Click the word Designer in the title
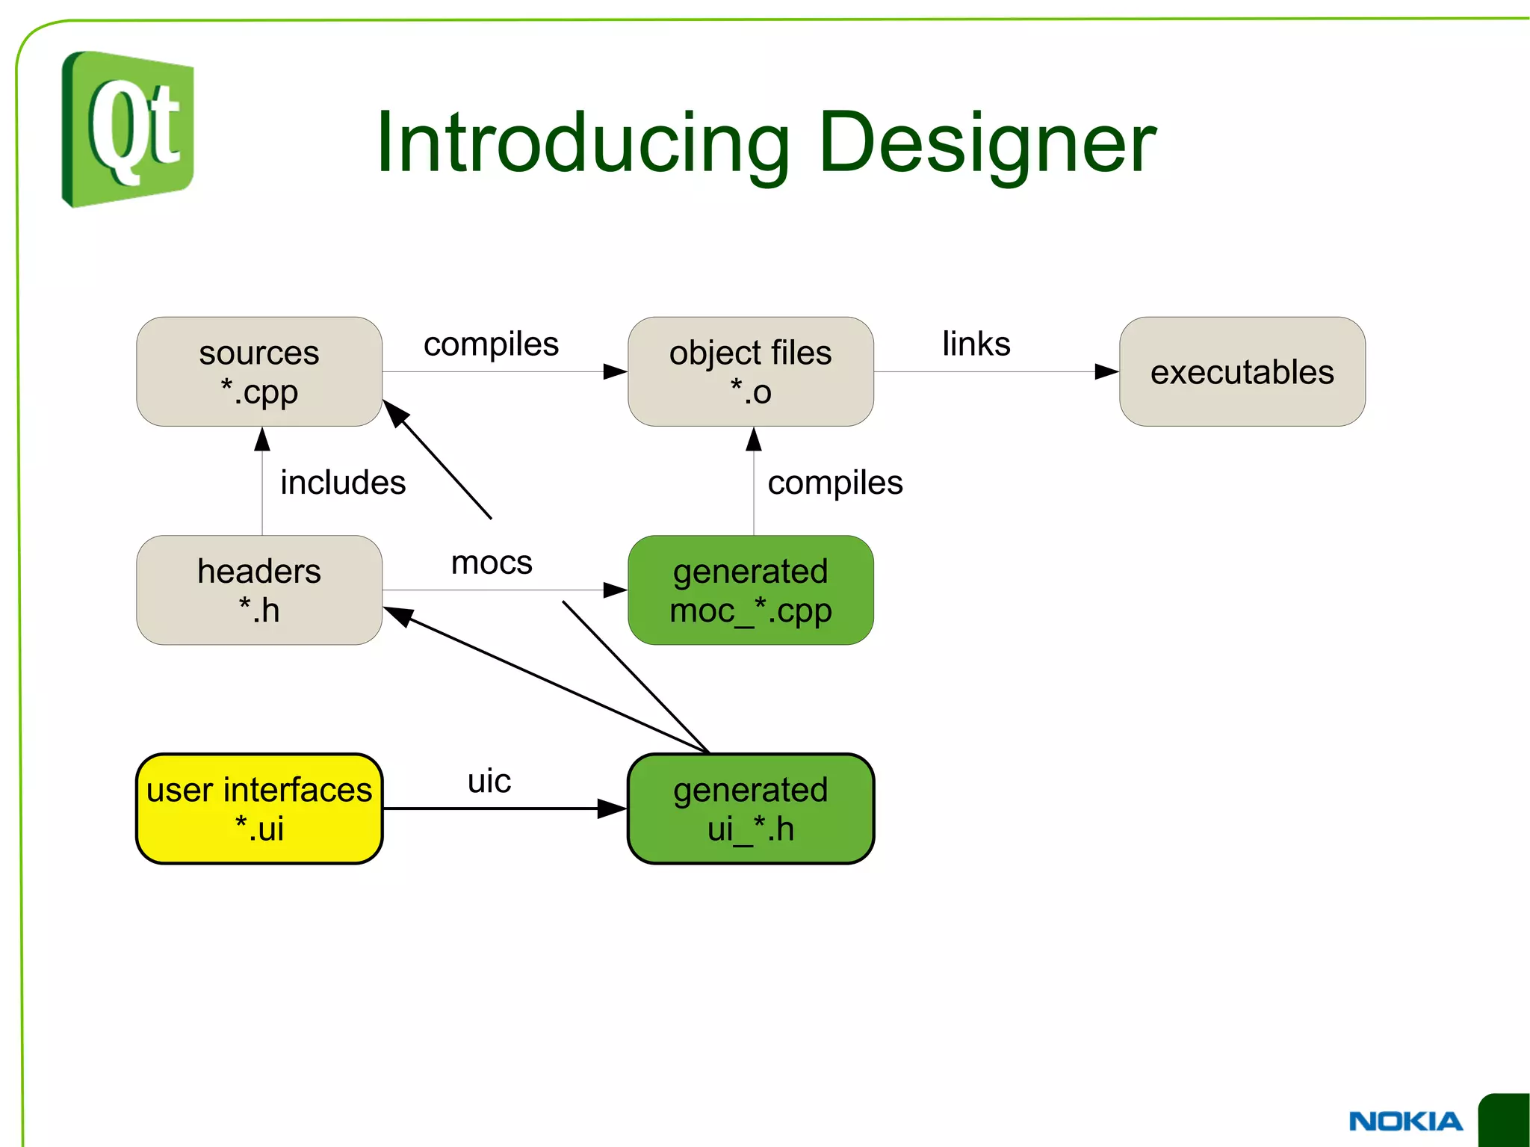pyautogui.click(x=987, y=142)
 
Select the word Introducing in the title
pyautogui.click(x=582, y=142)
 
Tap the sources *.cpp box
pyautogui.click(x=259, y=371)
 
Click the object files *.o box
pyautogui.click(x=750, y=371)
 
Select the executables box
pyautogui.click(x=1242, y=371)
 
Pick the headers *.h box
pyautogui.click(x=259, y=590)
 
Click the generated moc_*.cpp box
pyautogui.click(x=750, y=590)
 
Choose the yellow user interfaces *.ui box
pyautogui.click(x=259, y=809)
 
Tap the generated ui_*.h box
pyautogui.click(x=750, y=809)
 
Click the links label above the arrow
pyautogui.click(x=976, y=344)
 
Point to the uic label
pyautogui.click(x=489, y=781)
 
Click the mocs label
pyautogui.click(x=492, y=562)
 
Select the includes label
pyautogui.click(x=343, y=483)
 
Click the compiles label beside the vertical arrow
pyautogui.click(x=835, y=483)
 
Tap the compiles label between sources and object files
pyautogui.click(x=491, y=344)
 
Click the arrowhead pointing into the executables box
pyautogui.click(x=1106, y=371)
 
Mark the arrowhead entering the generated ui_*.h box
pyautogui.click(x=613, y=809)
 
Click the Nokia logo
pyautogui.click(x=1405, y=1121)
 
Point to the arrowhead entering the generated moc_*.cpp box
pyautogui.click(x=615, y=590)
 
